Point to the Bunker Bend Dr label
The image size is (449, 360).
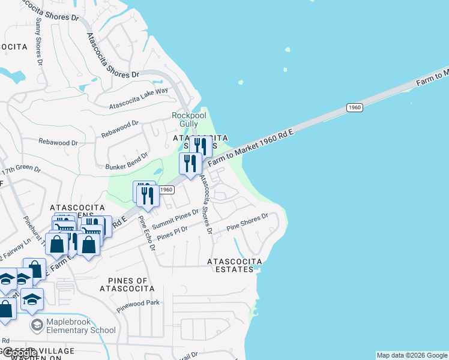127,162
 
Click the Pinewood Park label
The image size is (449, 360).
139,303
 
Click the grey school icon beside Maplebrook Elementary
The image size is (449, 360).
38,325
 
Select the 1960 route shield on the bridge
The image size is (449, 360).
354,107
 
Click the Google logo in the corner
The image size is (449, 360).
19,353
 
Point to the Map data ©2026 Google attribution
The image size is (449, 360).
412,355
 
